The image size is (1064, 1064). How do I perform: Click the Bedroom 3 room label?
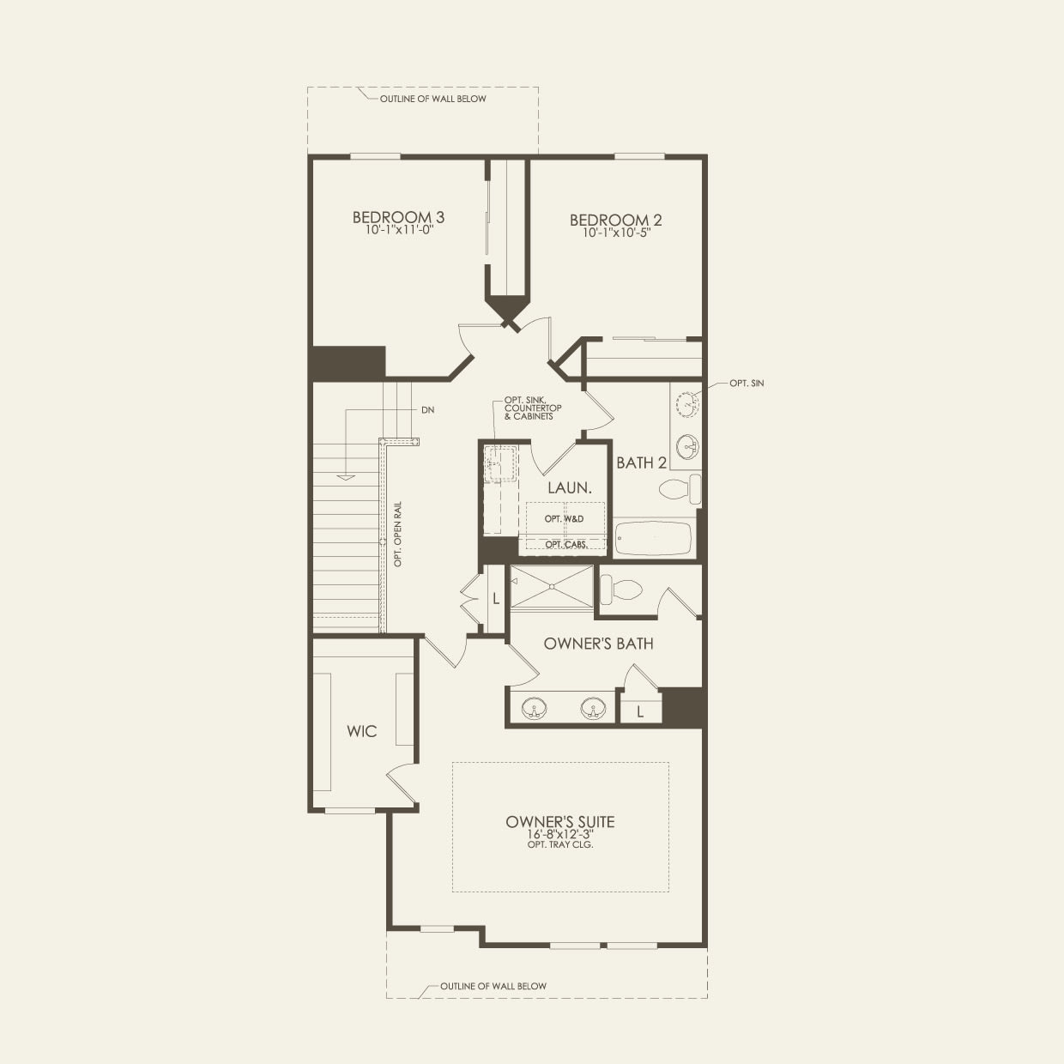(x=398, y=217)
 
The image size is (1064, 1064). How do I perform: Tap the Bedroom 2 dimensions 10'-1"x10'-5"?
(x=615, y=233)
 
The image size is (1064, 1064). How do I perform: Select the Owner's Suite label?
(x=559, y=822)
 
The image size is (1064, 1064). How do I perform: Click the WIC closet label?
(x=361, y=732)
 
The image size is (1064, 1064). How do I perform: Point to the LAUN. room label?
(x=569, y=487)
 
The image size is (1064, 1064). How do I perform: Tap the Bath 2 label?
(x=641, y=463)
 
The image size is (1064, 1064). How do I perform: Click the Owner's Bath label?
(x=598, y=644)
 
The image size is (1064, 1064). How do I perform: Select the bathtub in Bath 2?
(x=653, y=539)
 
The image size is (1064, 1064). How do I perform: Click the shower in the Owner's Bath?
(x=552, y=587)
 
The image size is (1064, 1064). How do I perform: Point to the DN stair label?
(x=427, y=410)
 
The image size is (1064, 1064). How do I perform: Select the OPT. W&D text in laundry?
(x=564, y=519)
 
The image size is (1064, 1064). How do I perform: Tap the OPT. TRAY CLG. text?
(x=560, y=845)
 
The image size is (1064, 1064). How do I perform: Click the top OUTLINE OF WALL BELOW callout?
(x=432, y=99)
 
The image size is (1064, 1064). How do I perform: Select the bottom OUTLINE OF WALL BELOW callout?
(x=493, y=986)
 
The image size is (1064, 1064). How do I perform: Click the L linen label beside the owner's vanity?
(x=640, y=711)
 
